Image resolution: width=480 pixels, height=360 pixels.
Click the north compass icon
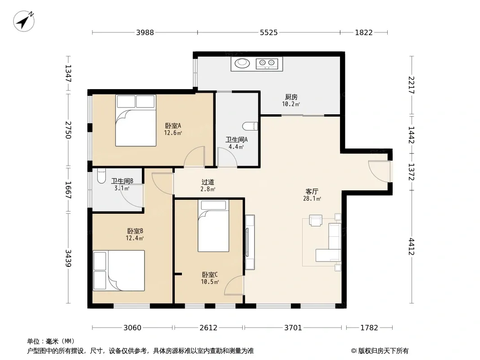(x=23, y=21)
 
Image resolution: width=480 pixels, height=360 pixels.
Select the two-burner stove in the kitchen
(x=267, y=63)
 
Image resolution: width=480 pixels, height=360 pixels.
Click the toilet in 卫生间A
(x=250, y=126)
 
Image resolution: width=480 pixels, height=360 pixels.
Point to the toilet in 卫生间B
(x=101, y=176)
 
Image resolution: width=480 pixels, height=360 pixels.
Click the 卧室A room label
(x=173, y=126)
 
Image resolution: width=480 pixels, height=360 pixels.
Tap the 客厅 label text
(x=312, y=191)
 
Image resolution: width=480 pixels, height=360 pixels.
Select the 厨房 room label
(x=291, y=97)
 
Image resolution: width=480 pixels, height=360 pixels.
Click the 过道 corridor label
(x=208, y=182)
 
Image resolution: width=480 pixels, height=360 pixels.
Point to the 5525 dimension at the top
(x=269, y=32)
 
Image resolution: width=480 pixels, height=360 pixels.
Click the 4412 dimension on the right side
(x=411, y=247)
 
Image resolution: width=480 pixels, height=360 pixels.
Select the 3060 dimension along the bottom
(x=132, y=328)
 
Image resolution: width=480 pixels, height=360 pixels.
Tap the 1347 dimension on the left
(x=68, y=73)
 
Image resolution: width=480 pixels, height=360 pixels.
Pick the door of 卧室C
(x=234, y=285)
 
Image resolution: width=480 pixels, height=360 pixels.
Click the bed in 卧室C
(x=213, y=226)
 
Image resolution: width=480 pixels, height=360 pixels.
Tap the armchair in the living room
(x=316, y=220)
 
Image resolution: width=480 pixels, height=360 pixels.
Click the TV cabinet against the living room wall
(x=250, y=242)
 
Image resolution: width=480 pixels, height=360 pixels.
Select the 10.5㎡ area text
(x=210, y=282)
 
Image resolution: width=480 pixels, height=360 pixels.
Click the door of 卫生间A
(x=227, y=157)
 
